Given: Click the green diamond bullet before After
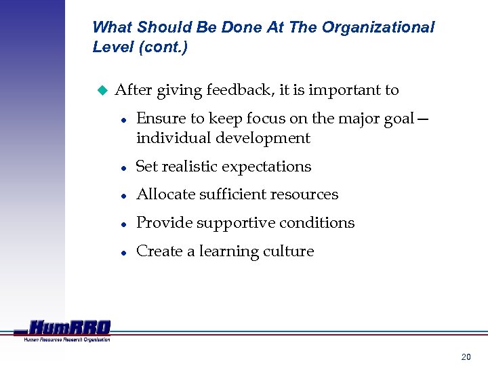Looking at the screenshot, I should (x=102, y=89).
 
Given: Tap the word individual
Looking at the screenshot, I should (x=170, y=138).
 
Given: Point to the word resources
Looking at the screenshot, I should (x=304, y=195).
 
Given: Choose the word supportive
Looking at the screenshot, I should (x=226, y=223).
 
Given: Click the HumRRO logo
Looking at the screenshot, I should (x=68, y=327).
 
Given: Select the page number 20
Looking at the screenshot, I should (x=466, y=357).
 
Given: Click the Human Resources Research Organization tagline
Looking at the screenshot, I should (x=66, y=340).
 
